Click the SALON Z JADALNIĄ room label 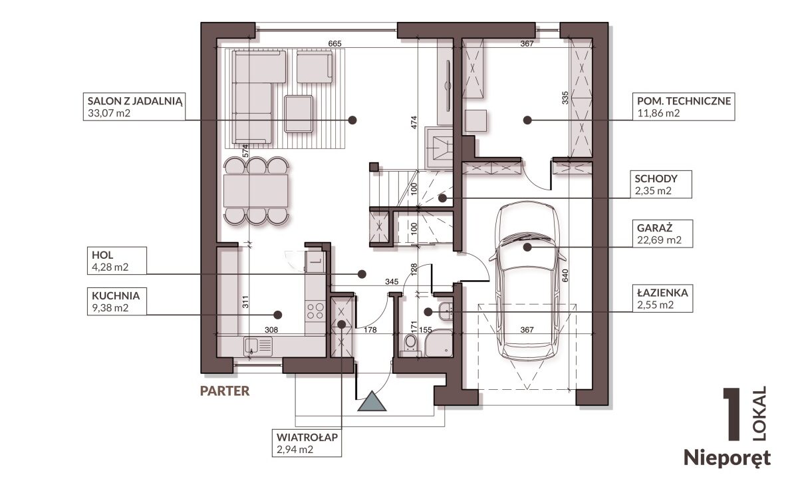tap(134, 100)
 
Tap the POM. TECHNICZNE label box tap(684, 107)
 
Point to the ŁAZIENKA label tap(662, 293)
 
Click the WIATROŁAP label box tap(307, 443)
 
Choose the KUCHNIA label tap(116, 296)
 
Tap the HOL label tap(102, 255)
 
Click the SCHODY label tap(656, 178)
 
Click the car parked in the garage tap(527, 281)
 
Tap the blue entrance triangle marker tap(372, 401)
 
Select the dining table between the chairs tap(256, 191)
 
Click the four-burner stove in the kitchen tap(316, 311)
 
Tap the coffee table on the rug tap(299, 114)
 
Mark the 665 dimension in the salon tap(334, 43)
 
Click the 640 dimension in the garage tap(565, 275)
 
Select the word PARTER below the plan tap(225, 391)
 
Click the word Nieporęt tap(728, 458)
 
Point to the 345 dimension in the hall tap(392, 281)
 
